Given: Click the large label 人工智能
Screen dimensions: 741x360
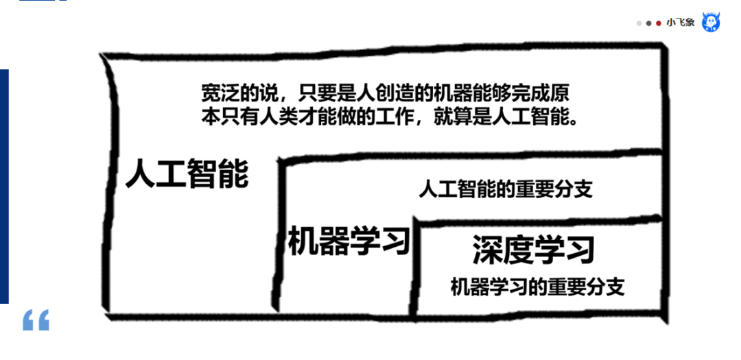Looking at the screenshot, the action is click(x=187, y=175).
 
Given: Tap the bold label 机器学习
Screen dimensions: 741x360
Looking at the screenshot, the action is click(x=349, y=241).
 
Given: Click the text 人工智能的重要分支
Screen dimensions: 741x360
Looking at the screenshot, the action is click(x=506, y=189).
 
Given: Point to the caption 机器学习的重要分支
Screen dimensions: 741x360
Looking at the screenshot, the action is click(x=537, y=287).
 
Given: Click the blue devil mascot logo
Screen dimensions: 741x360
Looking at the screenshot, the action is click(x=711, y=22).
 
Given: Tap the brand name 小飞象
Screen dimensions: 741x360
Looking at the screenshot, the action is click(x=681, y=23).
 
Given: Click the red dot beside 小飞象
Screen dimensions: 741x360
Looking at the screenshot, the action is click(x=659, y=23).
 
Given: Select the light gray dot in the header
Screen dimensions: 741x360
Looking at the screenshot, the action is click(x=639, y=23).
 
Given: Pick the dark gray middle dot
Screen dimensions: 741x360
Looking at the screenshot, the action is click(x=649, y=23).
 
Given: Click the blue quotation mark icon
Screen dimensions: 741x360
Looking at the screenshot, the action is click(x=36, y=320).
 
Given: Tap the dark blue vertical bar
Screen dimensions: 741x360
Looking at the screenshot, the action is click(x=4, y=185).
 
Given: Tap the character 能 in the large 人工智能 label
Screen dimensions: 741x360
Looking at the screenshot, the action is click(x=233, y=175).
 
